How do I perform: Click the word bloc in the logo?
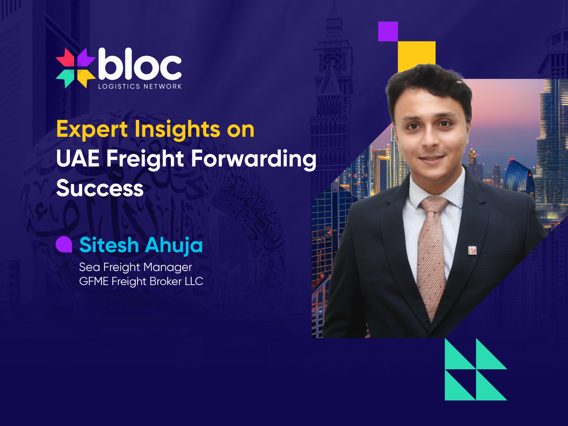click(140, 65)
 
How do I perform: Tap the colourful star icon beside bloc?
click(75, 68)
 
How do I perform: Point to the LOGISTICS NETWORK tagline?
click(140, 86)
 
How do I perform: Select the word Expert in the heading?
click(92, 130)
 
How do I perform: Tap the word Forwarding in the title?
click(253, 159)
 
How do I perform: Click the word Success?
click(100, 188)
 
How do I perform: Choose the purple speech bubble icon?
click(64, 245)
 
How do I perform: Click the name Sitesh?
click(109, 245)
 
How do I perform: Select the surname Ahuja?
click(174, 245)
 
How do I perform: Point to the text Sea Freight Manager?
click(135, 267)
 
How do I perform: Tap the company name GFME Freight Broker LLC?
click(141, 282)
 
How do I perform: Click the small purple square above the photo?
click(388, 32)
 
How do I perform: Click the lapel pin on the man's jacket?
click(472, 251)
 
